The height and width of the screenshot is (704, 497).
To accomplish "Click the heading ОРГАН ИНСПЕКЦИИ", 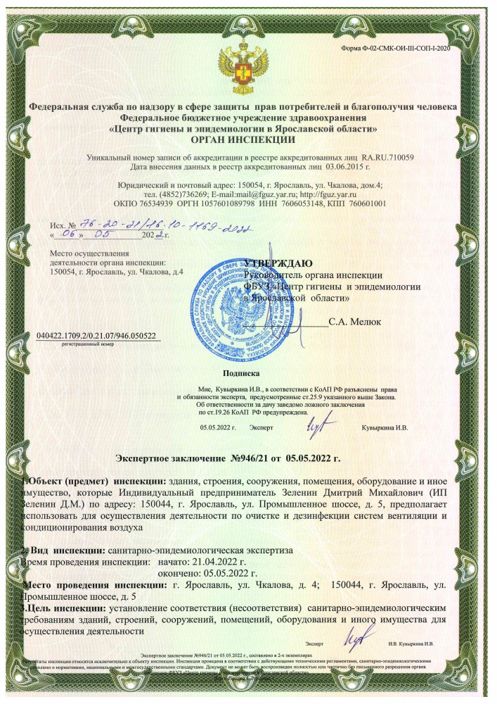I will point(243,139).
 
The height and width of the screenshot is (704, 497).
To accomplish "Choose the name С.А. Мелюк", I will point(355,322).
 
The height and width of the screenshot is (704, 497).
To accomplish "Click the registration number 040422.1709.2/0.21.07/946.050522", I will point(96,336).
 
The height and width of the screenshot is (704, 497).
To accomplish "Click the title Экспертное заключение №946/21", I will point(227,458).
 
